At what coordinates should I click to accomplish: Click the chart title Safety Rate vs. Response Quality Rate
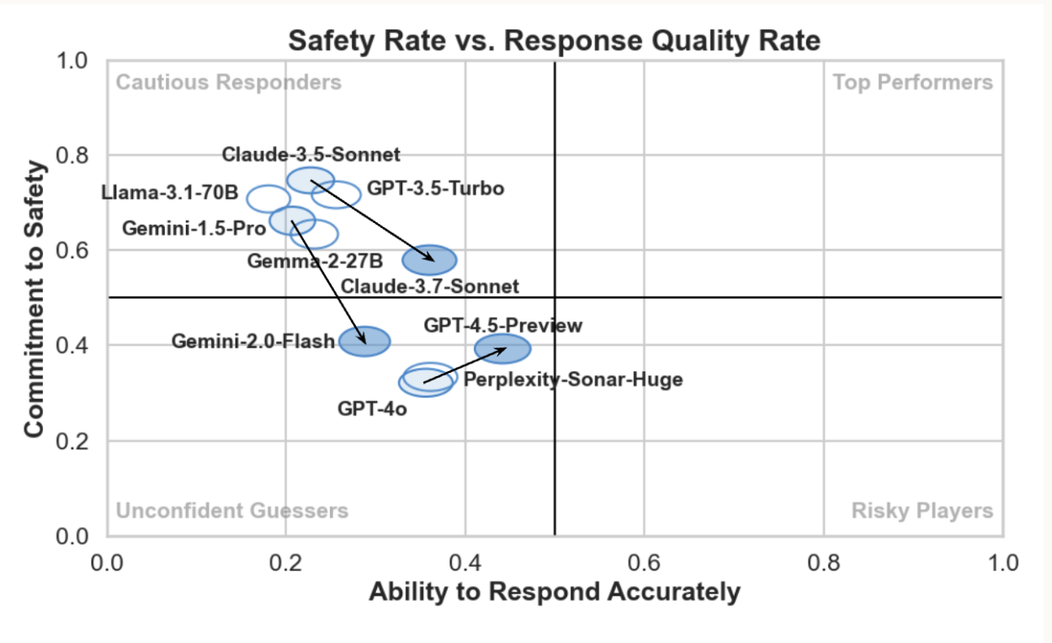point(554,40)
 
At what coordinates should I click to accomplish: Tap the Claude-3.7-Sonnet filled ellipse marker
point(429,259)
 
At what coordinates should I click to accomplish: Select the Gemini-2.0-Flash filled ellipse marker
point(364,341)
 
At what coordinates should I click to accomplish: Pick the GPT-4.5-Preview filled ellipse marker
point(502,348)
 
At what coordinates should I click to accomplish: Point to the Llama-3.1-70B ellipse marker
point(268,199)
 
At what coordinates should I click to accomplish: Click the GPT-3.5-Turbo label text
point(435,189)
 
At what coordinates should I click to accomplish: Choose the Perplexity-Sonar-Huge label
point(573,380)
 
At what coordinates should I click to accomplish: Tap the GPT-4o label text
point(372,409)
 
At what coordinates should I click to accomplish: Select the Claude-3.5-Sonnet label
point(311,155)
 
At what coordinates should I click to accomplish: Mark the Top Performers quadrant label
point(912,82)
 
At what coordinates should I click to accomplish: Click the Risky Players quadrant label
point(922,511)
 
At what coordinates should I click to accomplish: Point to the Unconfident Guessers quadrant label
point(231,511)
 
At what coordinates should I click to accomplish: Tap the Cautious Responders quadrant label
point(229,82)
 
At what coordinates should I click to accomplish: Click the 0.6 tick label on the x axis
point(644,561)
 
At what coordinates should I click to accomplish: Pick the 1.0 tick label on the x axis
point(1002,561)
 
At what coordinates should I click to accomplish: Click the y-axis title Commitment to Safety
point(34,298)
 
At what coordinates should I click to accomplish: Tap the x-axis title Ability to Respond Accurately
point(555,592)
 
